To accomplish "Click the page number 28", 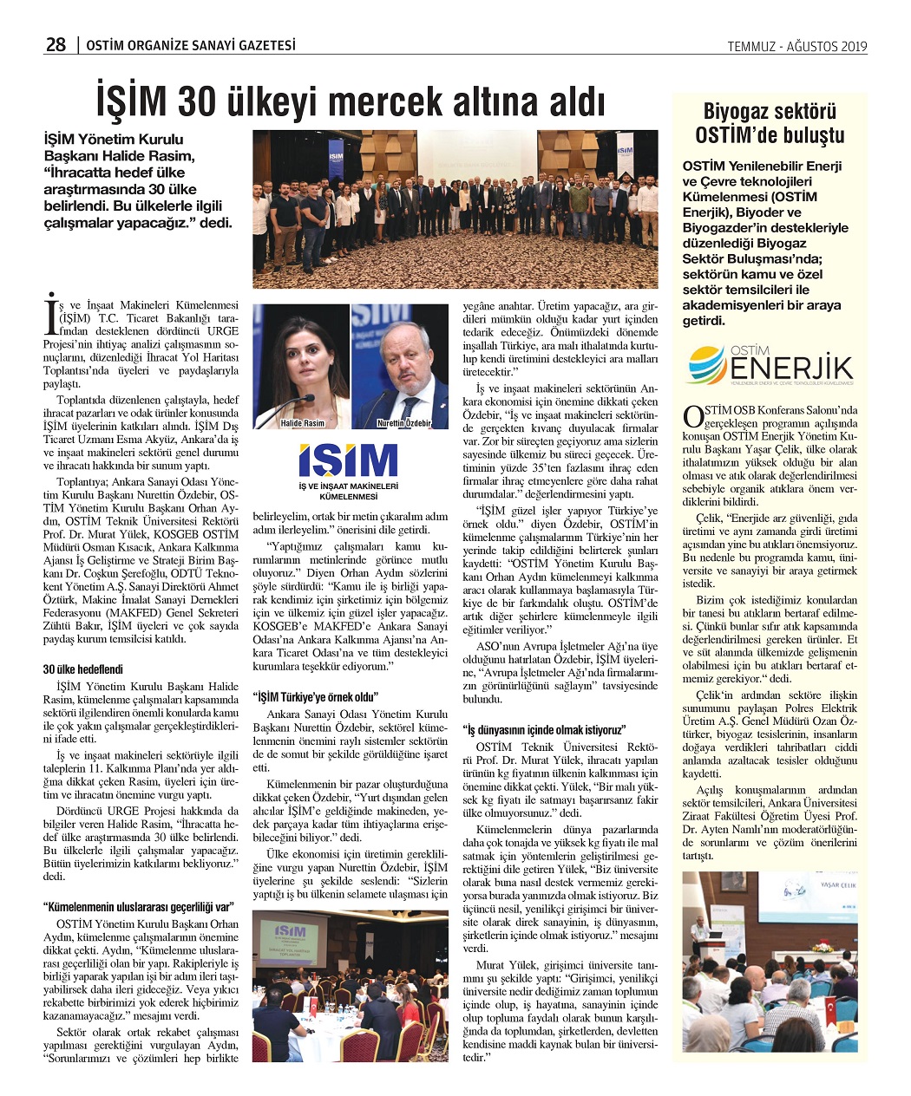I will [56, 44].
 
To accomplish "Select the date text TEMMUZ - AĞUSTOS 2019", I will [796, 47].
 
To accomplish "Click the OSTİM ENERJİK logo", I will [769, 365].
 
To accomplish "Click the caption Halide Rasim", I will [302, 423].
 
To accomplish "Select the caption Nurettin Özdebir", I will [403, 423].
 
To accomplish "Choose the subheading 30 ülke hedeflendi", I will [83, 669].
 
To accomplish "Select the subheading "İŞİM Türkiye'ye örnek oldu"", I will [316, 696].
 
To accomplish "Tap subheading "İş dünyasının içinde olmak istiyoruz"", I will [544, 729].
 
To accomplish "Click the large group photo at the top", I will [455, 208].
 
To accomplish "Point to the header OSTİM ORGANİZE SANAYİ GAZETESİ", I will [191, 45].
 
